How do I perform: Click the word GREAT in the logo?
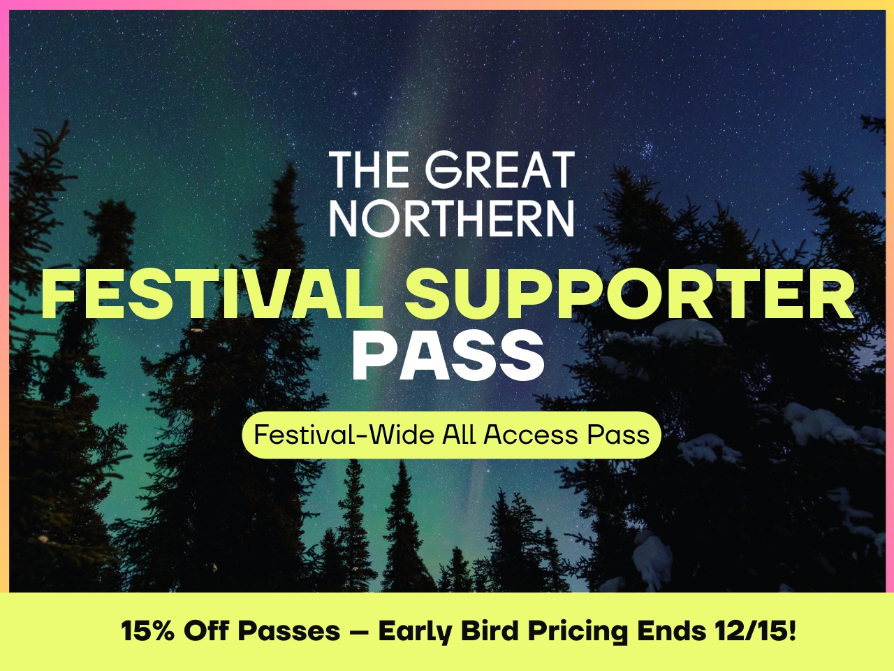[501, 171]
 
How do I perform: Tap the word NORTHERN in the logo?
[452, 218]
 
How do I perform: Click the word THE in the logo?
[369, 171]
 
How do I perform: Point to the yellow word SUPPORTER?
[631, 294]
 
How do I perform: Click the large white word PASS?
[448, 356]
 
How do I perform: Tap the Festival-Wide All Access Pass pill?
[451, 435]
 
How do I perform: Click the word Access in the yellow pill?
[532, 435]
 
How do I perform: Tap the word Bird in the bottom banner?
[489, 631]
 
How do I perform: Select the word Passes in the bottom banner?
[288, 631]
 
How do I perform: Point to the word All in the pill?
[459, 435]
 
